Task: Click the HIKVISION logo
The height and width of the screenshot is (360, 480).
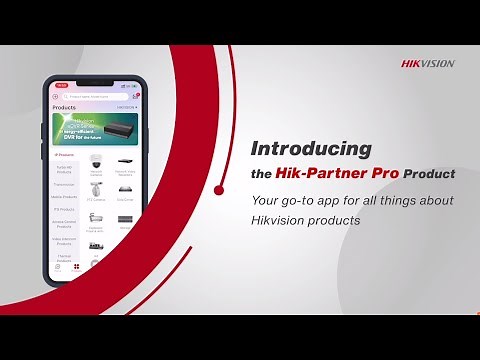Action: [x=428, y=63]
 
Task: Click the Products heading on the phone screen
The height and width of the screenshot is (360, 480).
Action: [x=64, y=106]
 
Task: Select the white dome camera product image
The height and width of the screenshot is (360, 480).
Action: [x=97, y=161]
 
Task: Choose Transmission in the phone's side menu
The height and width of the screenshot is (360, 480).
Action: [x=64, y=184]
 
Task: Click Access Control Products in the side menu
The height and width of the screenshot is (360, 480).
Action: [x=64, y=226]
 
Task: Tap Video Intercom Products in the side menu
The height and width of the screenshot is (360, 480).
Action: [x=64, y=241]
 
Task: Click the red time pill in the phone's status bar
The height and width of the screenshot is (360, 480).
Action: [x=61, y=85]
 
